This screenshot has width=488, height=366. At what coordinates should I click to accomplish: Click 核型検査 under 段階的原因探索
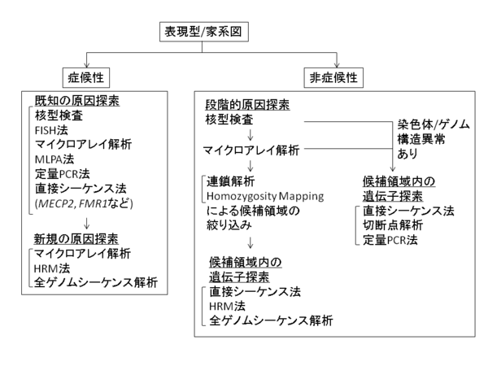tap(231, 121)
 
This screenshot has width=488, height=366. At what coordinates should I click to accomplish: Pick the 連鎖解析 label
tap(232, 180)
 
